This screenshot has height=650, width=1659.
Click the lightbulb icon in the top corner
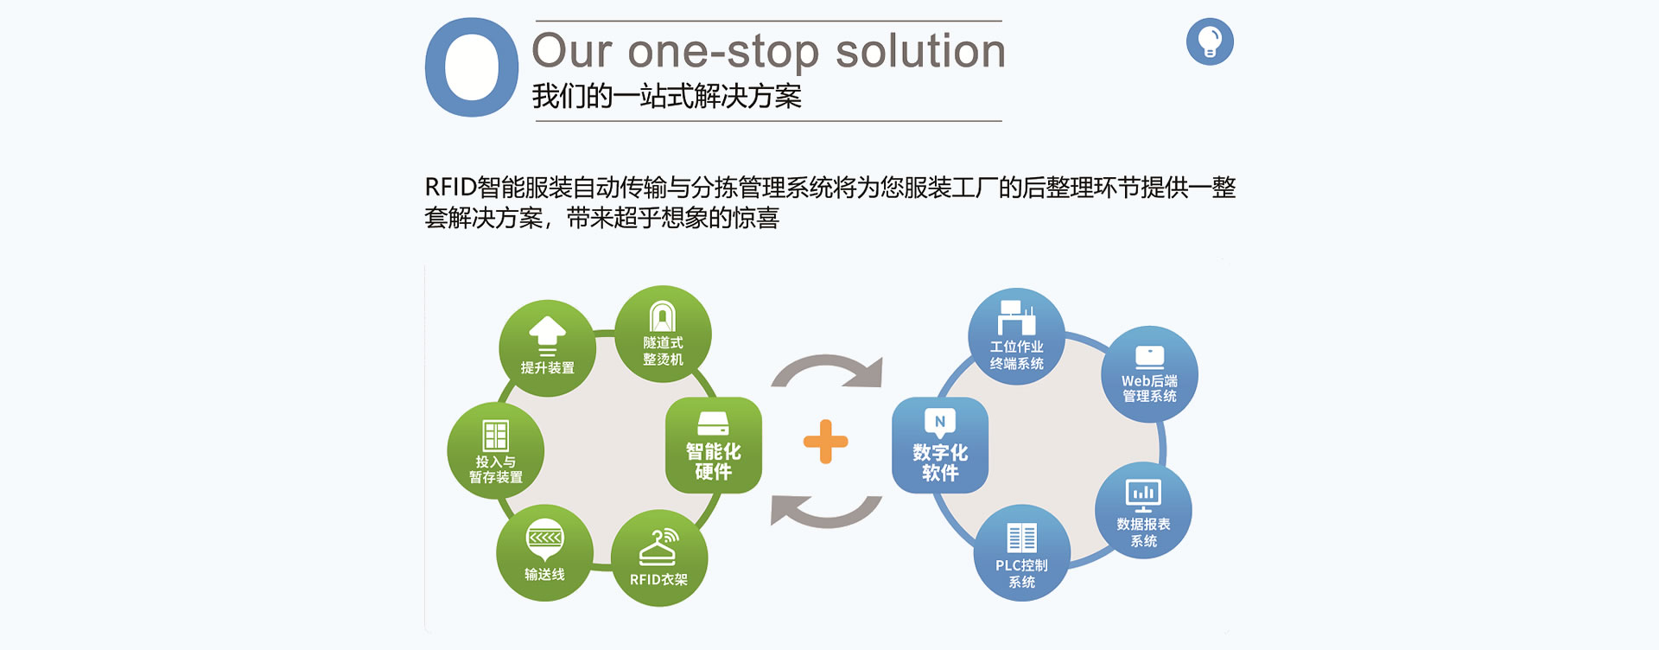[1210, 41]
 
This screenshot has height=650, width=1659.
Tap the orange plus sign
[825, 442]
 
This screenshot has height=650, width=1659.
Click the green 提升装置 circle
[547, 348]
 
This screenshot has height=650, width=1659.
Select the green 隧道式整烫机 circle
[663, 335]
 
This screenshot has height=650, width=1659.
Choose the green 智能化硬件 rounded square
[714, 445]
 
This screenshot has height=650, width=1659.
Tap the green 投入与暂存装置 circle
[495, 450]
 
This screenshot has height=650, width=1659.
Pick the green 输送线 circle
[544, 552]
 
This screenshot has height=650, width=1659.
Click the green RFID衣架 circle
[659, 558]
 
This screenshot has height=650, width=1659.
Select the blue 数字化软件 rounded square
[940, 445]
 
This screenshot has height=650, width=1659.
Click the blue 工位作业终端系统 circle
[1016, 336]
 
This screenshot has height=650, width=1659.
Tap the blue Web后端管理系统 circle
[1149, 374]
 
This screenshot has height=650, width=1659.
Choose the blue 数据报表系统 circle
[1143, 511]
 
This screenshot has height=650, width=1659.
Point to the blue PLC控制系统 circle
[1022, 552]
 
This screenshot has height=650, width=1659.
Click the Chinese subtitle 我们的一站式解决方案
[667, 96]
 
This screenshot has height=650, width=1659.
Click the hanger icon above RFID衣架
[658, 547]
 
